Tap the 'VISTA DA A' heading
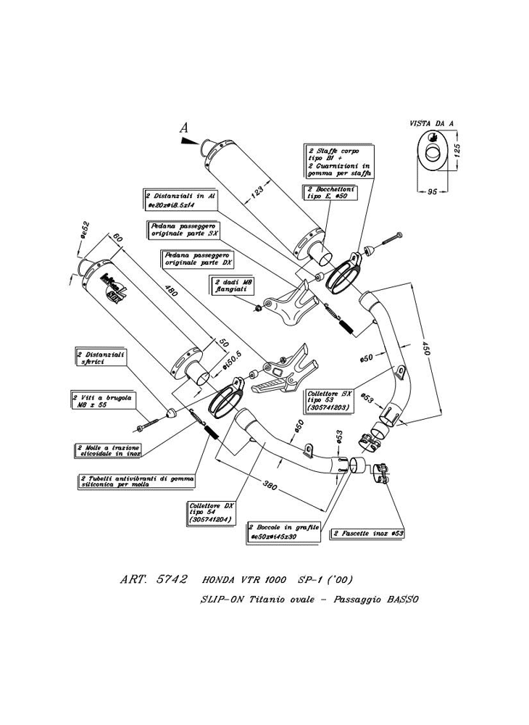pyautogui.click(x=431, y=124)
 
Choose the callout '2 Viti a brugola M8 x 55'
pyautogui.click(x=98, y=401)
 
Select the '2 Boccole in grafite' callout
pyautogui.click(x=283, y=531)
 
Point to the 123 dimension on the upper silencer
pyautogui.click(x=251, y=194)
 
